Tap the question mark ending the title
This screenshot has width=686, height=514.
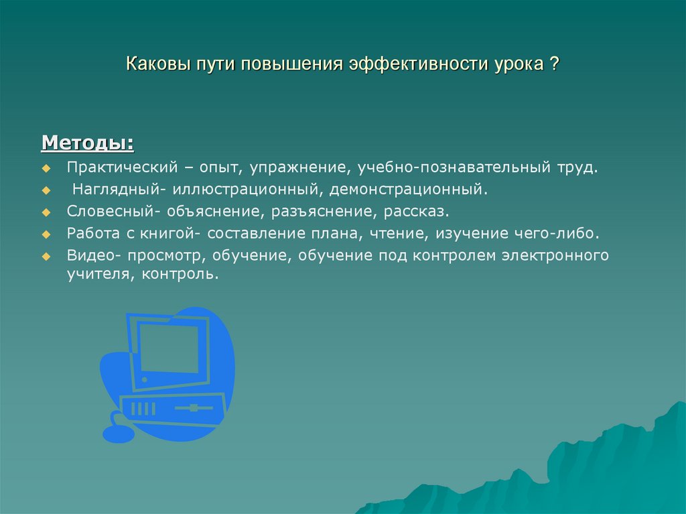pos(555,66)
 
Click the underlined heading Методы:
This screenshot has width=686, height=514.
pos(87,143)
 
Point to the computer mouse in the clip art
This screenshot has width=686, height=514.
pos(117,434)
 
